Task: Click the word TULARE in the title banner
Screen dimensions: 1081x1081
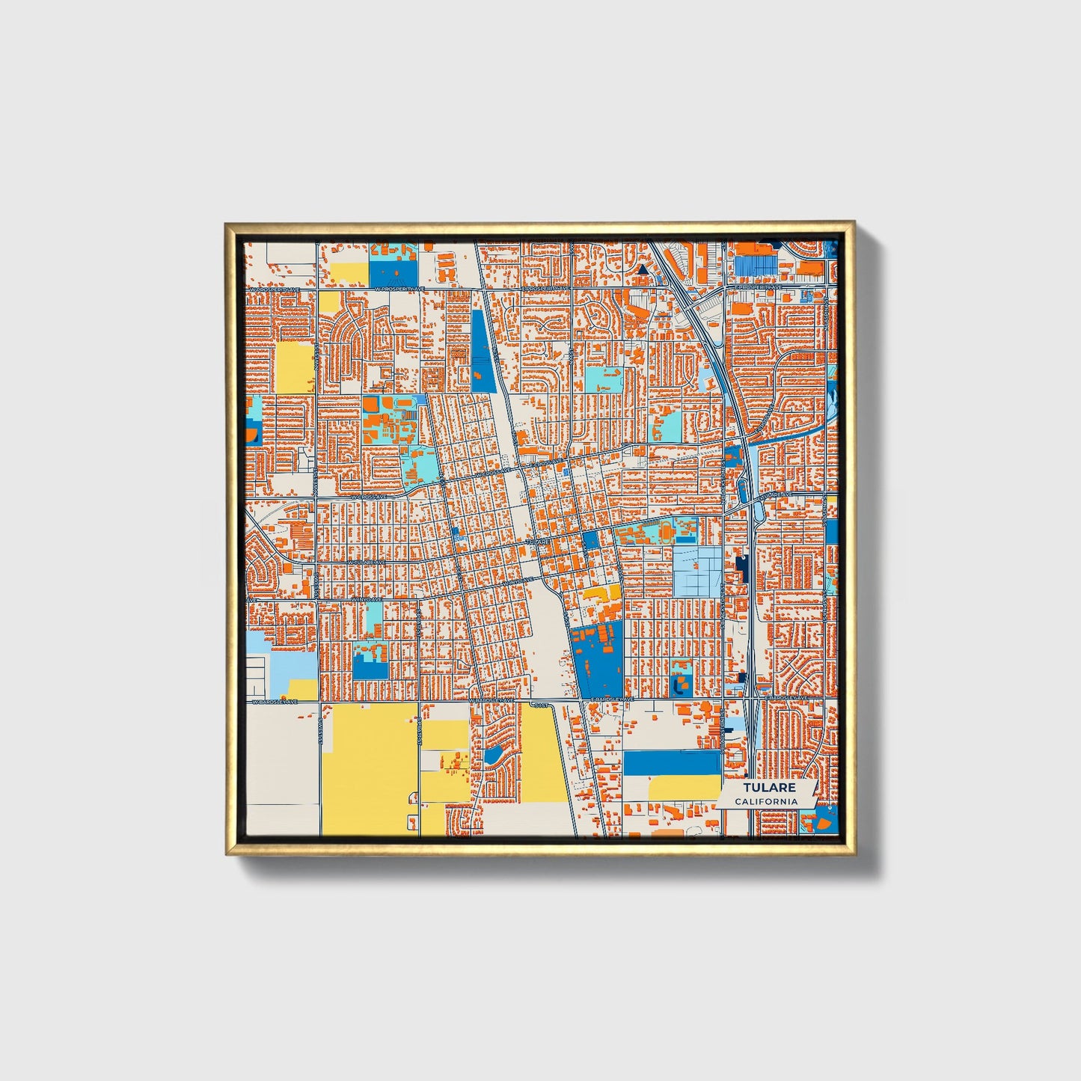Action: (769, 788)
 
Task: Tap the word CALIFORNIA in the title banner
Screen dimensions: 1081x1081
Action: (766, 801)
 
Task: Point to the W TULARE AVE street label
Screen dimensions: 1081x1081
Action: (367, 562)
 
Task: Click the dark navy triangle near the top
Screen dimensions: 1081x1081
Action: (642, 270)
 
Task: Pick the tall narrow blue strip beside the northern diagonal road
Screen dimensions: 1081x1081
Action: (480, 350)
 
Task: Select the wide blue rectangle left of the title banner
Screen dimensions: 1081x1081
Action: (672, 763)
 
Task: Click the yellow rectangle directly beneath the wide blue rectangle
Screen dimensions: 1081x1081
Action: (684, 788)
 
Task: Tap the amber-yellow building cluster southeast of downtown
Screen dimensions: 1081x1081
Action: (602, 594)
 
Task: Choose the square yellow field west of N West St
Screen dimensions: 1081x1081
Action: (295, 367)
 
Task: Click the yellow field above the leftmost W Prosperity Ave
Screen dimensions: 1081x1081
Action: (349, 272)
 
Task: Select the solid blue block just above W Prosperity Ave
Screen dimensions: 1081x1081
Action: (393, 272)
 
